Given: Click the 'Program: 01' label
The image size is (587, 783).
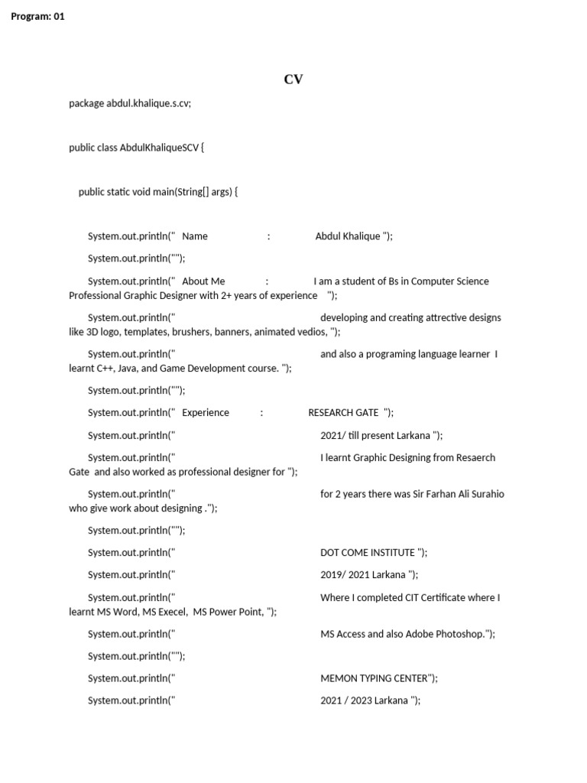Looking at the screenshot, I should (38, 16).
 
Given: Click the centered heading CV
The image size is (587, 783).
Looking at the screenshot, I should (293, 80).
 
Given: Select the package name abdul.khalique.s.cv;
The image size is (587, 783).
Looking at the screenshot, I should (148, 103).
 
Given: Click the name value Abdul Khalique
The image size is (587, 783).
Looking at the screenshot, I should (348, 236).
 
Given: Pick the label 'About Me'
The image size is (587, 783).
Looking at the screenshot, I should (203, 281).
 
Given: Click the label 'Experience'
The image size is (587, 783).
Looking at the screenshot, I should (206, 413).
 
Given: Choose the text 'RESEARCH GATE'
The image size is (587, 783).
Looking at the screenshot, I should (343, 413).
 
